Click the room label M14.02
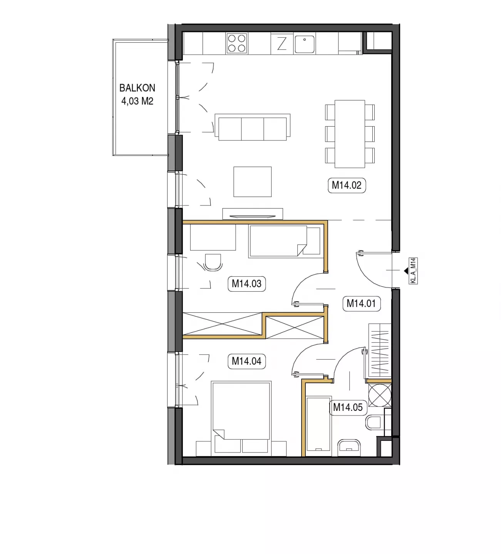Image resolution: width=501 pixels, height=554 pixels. (347, 185)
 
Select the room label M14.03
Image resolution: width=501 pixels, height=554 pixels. (246, 284)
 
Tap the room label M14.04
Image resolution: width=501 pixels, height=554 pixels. (246, 361)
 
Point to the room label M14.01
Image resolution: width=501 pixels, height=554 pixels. (361, 304)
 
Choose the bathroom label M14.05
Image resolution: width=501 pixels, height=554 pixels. (348, 407)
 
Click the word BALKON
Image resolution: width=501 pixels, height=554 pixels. (137, 88)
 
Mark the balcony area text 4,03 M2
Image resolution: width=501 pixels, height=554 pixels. (137, 101)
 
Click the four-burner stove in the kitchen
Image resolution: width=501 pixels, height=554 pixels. (237, 43)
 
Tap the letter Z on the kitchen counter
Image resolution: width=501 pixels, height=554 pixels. (282, 43)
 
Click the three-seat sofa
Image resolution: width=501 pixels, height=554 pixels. (253, 127)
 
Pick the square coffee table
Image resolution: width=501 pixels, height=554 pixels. (253, 182)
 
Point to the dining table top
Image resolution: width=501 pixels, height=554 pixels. (350, 134)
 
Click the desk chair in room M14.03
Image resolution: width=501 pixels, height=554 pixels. (213, 262)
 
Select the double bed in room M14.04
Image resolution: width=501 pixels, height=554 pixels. (241, 419)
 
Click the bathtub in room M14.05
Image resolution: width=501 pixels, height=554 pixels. (319, 426)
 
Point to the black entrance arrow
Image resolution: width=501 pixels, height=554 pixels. (406, 271)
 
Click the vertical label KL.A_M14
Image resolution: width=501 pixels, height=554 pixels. (413, 270)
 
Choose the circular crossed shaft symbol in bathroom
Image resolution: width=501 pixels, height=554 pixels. (380, 395)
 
